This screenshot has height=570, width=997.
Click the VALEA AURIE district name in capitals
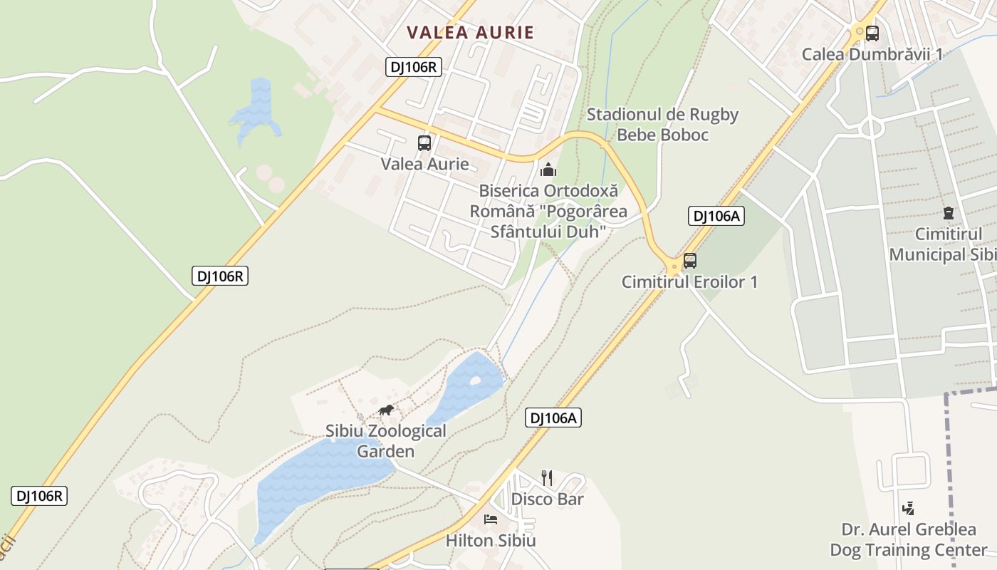[x=470, y=32]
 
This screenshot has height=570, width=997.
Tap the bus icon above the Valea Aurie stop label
[x=424, y=142]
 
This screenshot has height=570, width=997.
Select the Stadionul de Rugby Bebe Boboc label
[x=662, y=125]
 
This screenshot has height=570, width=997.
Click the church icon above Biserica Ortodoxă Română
[x=548, y=170]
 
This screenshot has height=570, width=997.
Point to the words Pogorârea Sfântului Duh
[x=548, y=222]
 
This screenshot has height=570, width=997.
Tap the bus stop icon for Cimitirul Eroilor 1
[x=689, y=261]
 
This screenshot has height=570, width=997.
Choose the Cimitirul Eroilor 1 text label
[x=689, y=282]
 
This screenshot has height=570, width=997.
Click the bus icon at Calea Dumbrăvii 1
[x=872, y=33]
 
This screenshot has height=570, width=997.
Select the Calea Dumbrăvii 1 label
[x=872, y=54]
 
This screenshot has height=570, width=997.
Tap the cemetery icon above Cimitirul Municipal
[x=948, y=212]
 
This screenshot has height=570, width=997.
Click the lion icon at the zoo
[x=386, y=410]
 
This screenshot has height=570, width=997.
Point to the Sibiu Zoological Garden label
[x=386, y=441]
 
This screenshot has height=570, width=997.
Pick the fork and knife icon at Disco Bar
[x=547, y=477]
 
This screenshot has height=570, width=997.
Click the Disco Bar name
[x=547, y=499]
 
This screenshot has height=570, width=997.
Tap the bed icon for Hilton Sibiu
[x=491, y=519]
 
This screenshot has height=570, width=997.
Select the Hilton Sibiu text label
[x=491, y=541]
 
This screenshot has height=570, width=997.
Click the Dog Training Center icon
[x=908, y=509]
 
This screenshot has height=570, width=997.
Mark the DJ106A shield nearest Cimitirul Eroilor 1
[x=716, y=217]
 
